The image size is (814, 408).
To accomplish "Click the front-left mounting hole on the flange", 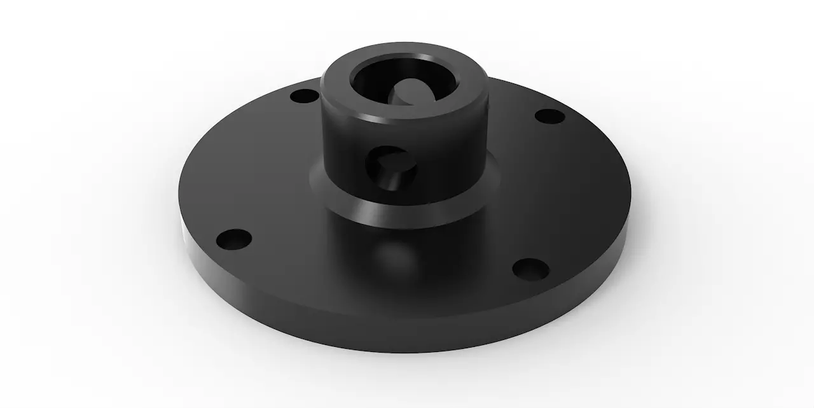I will pyautogui.click(x=233, y=240).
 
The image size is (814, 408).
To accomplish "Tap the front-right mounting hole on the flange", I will pyautogui.click(x=530, y=269).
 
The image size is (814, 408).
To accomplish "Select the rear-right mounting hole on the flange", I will pyautogui.click(x=550, y=117).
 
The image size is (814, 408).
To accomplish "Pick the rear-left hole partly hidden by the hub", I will pyautogui.click(x=304, y=97).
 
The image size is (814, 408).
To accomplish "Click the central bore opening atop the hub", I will pyautogui.click(x=403, y=89).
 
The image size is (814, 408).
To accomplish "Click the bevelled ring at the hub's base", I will pyautogui.click(x=445, y=204).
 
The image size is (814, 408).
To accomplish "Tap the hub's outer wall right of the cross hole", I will pyautogui.click(x=452, y=159).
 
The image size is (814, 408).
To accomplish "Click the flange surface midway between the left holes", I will pyautogui.click(x=254, y=165).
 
